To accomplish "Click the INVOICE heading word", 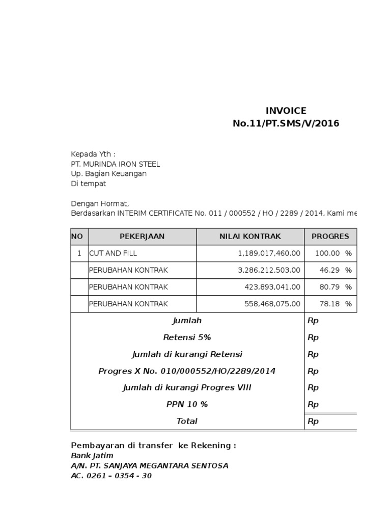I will pos(286,111).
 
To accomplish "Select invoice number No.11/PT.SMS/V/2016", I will pos(286,123).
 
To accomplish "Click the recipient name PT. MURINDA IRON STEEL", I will pos(115,164).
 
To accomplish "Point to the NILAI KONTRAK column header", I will pos(250,237).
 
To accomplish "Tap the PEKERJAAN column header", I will pos(142,237).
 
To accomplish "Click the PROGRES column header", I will pos(330,237).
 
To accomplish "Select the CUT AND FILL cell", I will pos(113,253).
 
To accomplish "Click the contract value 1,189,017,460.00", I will pos(269,253).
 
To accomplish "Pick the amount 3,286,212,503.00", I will pos(269,270).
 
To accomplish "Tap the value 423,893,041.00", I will pos(272,287).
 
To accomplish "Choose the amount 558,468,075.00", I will pos(272,304).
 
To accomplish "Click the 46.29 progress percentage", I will pos(329,270).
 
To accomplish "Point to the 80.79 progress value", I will pos(329,287).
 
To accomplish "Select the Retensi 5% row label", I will pos(187,337).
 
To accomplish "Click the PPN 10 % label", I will pos(187,404).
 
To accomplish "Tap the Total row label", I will pos(187,421).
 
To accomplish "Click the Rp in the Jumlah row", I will pos(313,321).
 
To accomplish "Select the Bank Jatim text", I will pos(92,455).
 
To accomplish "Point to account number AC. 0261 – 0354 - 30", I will pos(111,476).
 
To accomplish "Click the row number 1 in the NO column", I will pos(79,253).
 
